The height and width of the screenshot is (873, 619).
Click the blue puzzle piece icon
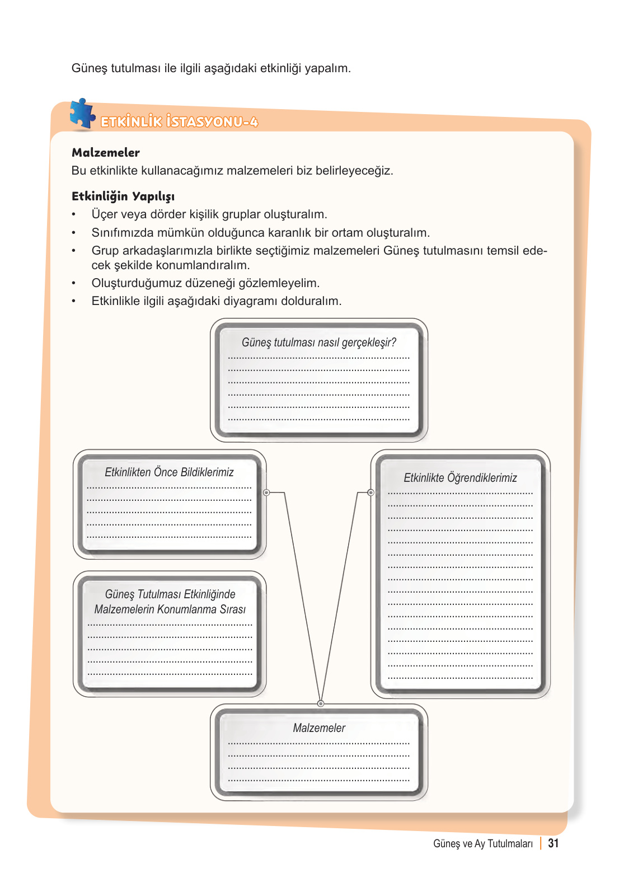click(82, 114)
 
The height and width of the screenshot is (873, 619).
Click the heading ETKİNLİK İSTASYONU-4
click(179, 122)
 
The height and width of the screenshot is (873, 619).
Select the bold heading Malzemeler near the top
click(106, 153)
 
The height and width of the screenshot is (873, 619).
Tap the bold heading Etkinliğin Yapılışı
click(123, 196)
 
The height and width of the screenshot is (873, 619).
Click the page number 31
click(553, 843)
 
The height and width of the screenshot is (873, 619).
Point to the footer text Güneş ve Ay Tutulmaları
click(482, 844)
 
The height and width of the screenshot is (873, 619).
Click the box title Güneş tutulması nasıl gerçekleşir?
click(318, 342)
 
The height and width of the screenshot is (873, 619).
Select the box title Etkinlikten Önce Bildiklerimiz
click(169, 472)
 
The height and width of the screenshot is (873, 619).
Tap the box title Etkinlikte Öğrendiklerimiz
click(460, 478)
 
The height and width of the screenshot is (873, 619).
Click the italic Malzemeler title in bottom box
click(319, 728)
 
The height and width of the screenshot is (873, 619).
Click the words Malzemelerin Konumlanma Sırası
click(170, 609)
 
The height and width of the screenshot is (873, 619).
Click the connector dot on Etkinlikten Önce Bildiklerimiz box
click(266, 492)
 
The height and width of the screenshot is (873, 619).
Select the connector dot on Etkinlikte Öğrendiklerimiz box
click(371, 492)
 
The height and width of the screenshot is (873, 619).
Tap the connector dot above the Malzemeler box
click(321, 703)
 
